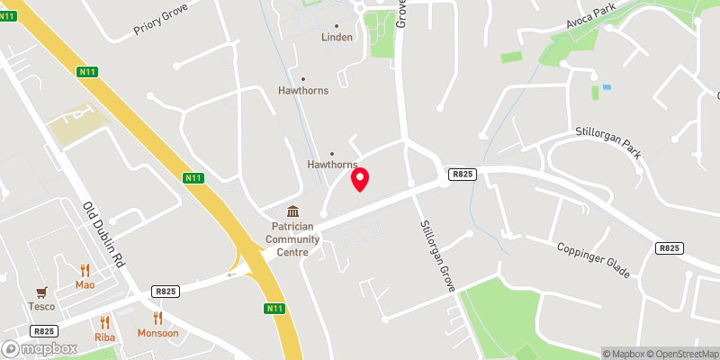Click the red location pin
[360, 179]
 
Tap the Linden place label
[337, 38]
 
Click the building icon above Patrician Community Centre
[293, 212]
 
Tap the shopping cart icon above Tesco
[40, 292]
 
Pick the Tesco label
[40, 306]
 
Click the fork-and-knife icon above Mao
[85, 270]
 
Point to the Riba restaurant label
[104, 337]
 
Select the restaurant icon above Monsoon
[158, 318]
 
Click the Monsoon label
[158, 333]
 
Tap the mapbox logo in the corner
[40, 348]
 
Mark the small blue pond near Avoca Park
[607, 87]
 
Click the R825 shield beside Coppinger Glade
[669, 248]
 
